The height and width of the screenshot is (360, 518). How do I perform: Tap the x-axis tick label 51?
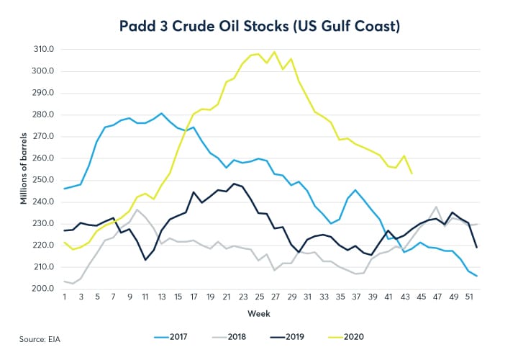468,297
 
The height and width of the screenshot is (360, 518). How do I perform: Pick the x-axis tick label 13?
160,297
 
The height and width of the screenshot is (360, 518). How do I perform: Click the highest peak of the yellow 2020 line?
273,52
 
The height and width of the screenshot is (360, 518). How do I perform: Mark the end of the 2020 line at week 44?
412,174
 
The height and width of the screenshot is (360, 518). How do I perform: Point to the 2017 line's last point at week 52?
476,276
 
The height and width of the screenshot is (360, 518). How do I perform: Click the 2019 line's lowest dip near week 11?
146,259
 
